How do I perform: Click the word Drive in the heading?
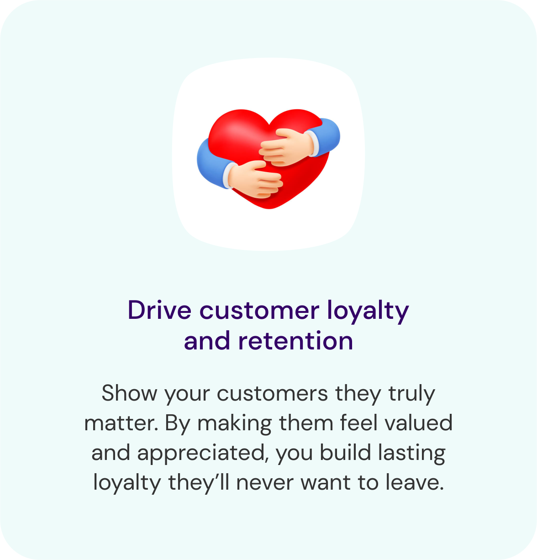(159, 310)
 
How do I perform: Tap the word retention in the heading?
(296, 341)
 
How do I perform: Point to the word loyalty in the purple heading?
(369, 312)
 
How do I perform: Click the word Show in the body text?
(129, 393)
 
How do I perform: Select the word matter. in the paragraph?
(121, 423)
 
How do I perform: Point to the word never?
(265, 486)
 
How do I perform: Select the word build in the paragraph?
(345, 452)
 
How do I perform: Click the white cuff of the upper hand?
(313, 143)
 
